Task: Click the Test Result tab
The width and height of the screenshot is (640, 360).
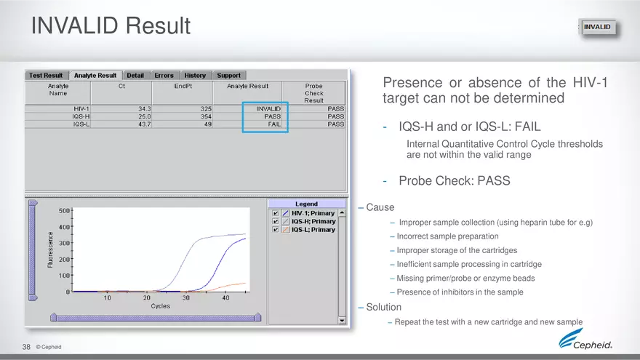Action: coord(46,75)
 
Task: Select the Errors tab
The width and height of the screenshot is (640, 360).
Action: coord(164,75)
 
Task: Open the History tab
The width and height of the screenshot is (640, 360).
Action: coord(194,75)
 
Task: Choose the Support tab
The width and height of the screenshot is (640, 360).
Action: coord(228,75)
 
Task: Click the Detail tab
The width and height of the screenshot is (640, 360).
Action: coord(135,75)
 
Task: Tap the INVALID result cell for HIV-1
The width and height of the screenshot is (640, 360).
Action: coord(268,108)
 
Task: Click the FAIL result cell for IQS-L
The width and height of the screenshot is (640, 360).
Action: coord(274,124)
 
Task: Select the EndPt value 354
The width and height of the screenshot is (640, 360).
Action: coord(206,116)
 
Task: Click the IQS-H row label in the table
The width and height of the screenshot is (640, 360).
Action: coord(81,116)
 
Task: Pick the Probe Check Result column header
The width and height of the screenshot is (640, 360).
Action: coord(313,92)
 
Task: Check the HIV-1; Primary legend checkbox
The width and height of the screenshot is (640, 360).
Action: coord(276,213)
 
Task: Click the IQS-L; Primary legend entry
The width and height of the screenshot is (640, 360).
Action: coord(313,229)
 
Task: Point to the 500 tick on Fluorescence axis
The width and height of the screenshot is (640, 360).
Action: coord(63,211)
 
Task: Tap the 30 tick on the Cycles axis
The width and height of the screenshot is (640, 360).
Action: coord(185,297)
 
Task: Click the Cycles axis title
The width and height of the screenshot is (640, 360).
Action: coord(160,306)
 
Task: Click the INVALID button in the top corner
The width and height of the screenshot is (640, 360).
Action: coord(597,28)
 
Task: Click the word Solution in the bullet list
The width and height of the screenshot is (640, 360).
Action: coord(383,307)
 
